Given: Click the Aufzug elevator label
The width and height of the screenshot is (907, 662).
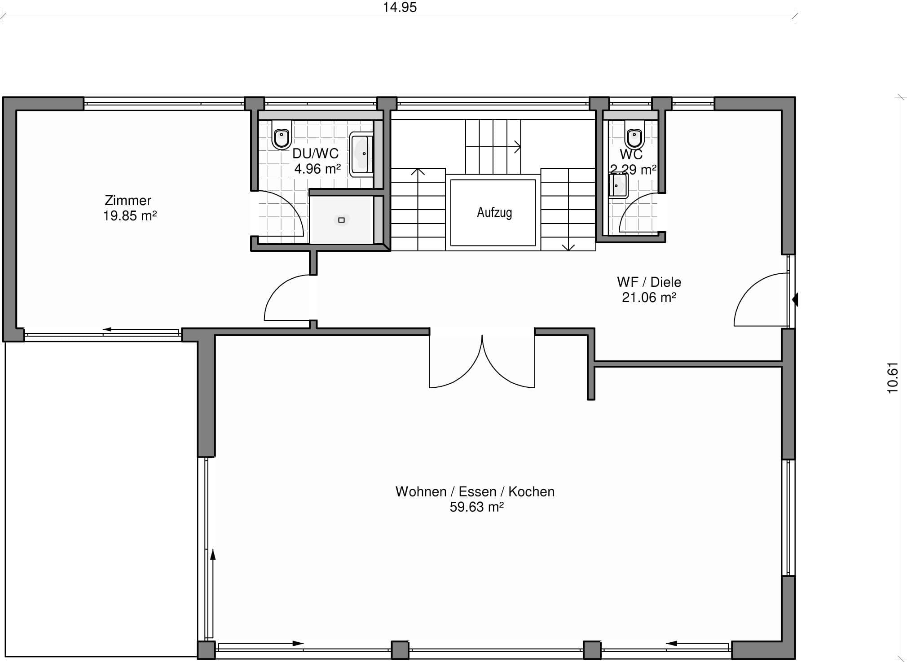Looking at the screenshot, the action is click(x=494, y=212).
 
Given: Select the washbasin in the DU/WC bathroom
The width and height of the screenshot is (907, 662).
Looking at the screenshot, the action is click(x=361, y=154).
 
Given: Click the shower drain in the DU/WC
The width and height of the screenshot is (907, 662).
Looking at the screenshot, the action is click(x=341, y=220).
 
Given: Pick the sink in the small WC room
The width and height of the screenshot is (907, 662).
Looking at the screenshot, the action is click(x=618, y=185).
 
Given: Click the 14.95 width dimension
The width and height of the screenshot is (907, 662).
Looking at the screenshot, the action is click(x=400, y=7).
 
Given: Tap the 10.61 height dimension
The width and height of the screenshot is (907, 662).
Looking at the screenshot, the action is click(x=893, y=377).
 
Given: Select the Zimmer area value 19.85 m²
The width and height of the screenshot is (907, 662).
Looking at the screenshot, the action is click(x=130, y=216).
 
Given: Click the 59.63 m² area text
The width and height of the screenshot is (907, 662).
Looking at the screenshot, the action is click(x=476, y=507).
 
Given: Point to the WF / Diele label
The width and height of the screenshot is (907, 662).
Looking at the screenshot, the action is click(x=649, y=282).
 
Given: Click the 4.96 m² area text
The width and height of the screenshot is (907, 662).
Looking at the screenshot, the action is click(x=317, y=169).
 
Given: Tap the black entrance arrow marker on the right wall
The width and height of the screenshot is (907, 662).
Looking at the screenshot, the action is click(x=795, y=299).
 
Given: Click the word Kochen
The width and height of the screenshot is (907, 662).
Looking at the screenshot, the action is click(x=531, y=491).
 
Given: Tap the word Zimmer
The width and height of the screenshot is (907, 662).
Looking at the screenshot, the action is click(x=128, y=200).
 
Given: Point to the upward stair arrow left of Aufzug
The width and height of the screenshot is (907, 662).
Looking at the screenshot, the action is click(x=418, y=209).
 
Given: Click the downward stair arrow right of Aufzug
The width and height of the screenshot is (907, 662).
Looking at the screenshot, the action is click(x=568, y=209).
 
